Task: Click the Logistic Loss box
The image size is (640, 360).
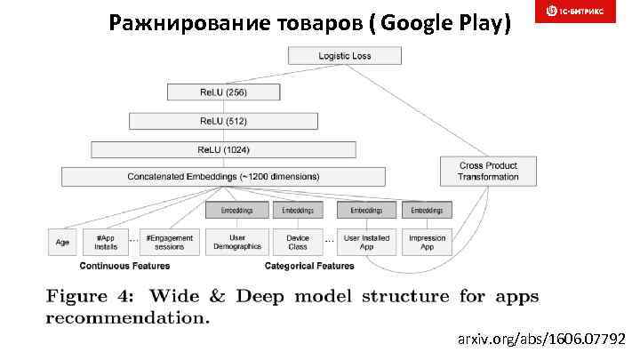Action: [x=344, y=56]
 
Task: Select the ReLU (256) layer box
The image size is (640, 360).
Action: [x=223, y=92]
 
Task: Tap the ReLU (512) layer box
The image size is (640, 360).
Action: [x=223, y=121]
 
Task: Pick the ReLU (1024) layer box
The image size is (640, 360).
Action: [x=223, y=149]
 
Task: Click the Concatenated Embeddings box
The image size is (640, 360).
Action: [x=223, y=176]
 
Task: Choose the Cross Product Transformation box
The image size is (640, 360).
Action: [x=488, y=171]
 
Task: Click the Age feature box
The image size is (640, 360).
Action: [x=62, y=242]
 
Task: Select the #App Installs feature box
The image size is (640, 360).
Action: [x=106, y=242]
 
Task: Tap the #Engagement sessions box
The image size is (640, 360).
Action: [x=168, y=242]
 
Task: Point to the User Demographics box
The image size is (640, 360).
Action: [x=237, y=242]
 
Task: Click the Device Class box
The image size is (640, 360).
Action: [x=297, y=242]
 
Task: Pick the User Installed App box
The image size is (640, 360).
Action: [x=366, y=242]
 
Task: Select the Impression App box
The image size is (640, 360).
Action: [x=427, y=242]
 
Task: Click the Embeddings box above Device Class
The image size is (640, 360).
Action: [x=297, y=211]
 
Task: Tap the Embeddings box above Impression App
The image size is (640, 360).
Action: [x=427, y=211]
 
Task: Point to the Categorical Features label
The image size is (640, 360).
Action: [x=309, y=266]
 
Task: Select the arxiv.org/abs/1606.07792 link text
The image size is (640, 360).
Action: [x=540, y=339]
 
